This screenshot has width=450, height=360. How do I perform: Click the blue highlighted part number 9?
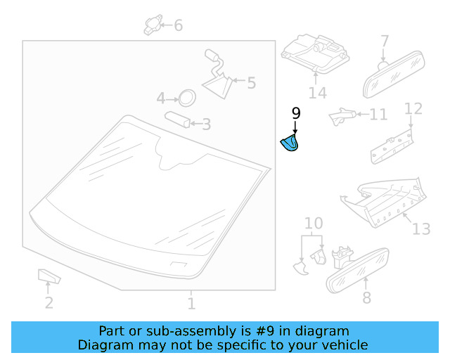tap(290, 143)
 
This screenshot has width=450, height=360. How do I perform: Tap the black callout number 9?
tap(296, 113)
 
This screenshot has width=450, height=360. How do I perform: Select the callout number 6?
tap(178, 25)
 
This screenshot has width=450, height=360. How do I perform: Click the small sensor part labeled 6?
tap(153, 25)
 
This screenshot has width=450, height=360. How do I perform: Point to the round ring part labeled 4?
tap(187, 98)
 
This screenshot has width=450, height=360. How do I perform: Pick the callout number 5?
tap(252, 83)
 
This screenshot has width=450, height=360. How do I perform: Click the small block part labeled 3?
tap(177, 120)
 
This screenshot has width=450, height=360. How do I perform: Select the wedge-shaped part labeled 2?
tap(49, 276)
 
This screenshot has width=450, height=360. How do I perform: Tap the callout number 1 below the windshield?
tap(191, 304)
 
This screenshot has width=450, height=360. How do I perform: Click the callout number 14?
tap(317, 93)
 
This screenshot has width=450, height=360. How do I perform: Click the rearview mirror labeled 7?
tap(394, 75)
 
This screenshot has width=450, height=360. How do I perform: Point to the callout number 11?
tap(378, 115)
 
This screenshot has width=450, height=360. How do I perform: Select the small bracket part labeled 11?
tap(342, 116)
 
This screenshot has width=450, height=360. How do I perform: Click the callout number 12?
tap(413, 109)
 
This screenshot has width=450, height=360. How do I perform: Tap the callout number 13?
tap(421, 229)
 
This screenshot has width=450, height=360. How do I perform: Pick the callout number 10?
tap(314, 223)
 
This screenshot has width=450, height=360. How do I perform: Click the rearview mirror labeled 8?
tap(358, 271)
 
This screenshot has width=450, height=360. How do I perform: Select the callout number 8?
tap(367, 297)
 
